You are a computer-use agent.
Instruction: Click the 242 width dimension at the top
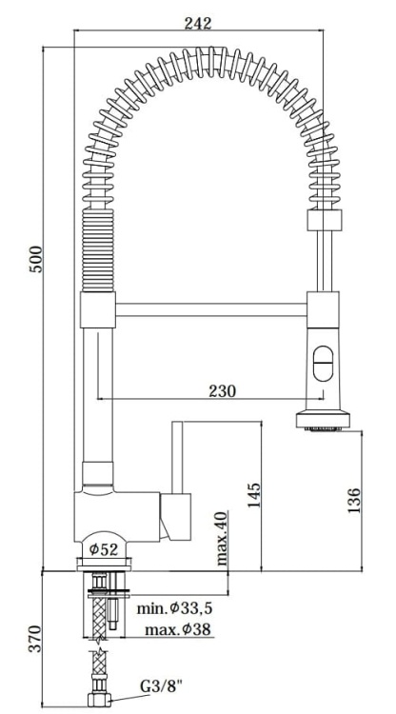click(199, 22)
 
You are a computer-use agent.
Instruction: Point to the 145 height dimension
click(252, 494)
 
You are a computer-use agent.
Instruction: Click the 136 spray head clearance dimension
click(354, 500)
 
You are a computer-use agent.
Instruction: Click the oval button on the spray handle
click(322, 361)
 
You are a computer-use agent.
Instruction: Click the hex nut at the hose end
click(97, 700)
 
